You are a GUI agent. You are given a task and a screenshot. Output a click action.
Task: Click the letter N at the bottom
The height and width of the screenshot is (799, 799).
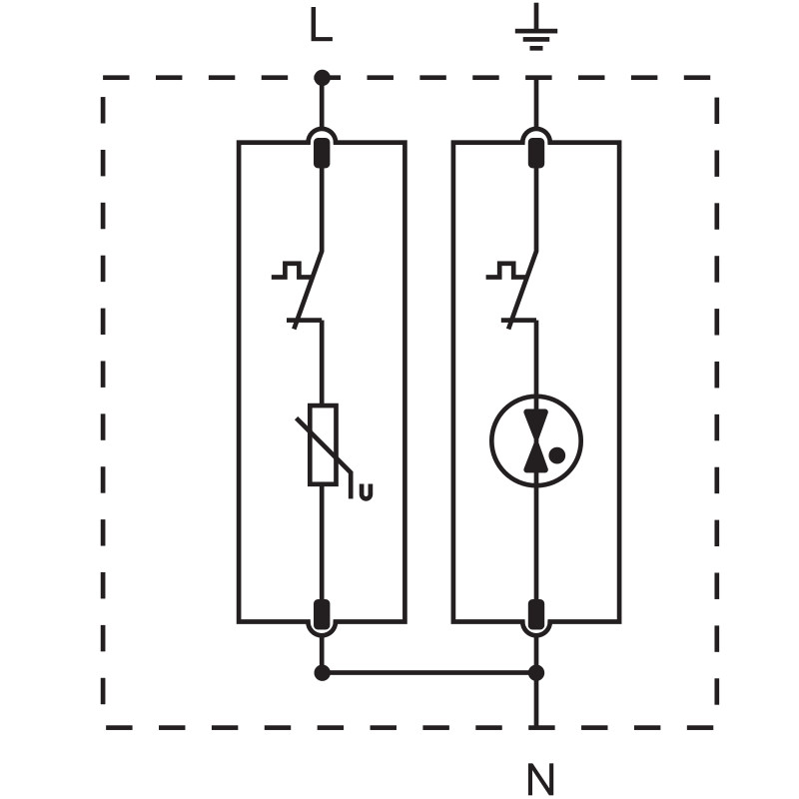pos(539,778)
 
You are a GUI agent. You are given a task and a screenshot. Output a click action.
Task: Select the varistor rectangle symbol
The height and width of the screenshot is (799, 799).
pos(322,444)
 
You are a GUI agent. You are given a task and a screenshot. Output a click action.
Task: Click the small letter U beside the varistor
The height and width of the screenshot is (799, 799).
pos(366,490)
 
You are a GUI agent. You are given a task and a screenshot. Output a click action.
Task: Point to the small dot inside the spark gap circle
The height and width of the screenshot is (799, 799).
pos(557,455)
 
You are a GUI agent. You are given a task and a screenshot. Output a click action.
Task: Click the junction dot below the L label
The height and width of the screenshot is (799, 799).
pos(322,77)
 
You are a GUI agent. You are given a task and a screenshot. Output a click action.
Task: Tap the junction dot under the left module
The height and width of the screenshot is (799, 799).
pos(322,672)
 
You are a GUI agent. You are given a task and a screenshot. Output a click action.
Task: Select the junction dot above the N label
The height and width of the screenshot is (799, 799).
pos(536,672)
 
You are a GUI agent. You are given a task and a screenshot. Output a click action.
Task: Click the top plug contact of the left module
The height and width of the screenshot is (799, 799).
pos(322,153)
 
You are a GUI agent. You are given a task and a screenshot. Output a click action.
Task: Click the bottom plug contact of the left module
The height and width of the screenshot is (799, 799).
pos(322,615)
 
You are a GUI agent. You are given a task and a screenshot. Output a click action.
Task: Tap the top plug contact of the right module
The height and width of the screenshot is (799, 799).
pos(536,153)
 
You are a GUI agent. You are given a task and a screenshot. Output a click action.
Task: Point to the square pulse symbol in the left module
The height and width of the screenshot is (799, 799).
pos(288,270)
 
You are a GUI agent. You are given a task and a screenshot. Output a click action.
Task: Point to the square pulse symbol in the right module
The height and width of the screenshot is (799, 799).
pos(502,270)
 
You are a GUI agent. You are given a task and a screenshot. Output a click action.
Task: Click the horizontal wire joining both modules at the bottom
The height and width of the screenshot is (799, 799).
pos(429,672)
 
